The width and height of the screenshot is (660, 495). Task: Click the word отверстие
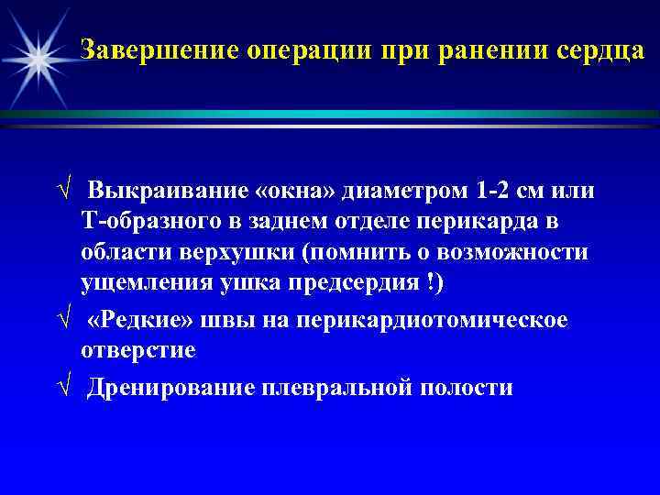(x=138, y=350)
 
